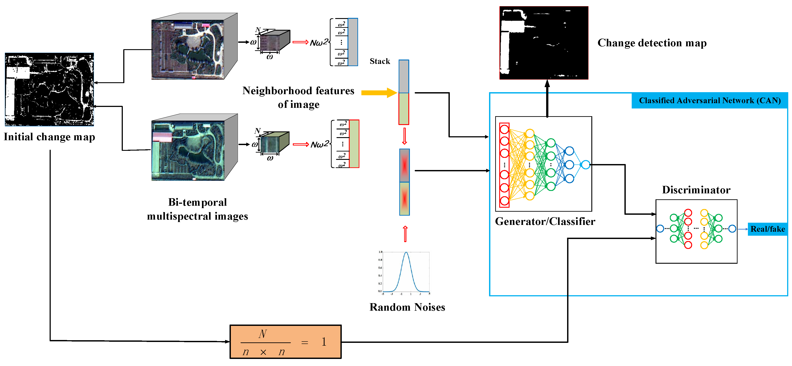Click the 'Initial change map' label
[49, 137]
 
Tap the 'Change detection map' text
[652, 43]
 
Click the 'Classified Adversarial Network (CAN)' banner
[710, 101]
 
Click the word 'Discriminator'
[696, 190]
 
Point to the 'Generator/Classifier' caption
[545, 221]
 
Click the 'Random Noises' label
[407, 307]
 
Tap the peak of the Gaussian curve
[406, 253]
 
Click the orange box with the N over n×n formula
[285, 342]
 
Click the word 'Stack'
[380, 61]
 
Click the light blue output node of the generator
[586, 165]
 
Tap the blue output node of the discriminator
[732, 228]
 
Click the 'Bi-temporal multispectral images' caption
[197, 209]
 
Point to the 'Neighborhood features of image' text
[298, 97]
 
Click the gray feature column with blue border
[353, 42]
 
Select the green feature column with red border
[354, 144]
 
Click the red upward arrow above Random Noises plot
[405, 234]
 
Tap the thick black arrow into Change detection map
[547, 98]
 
